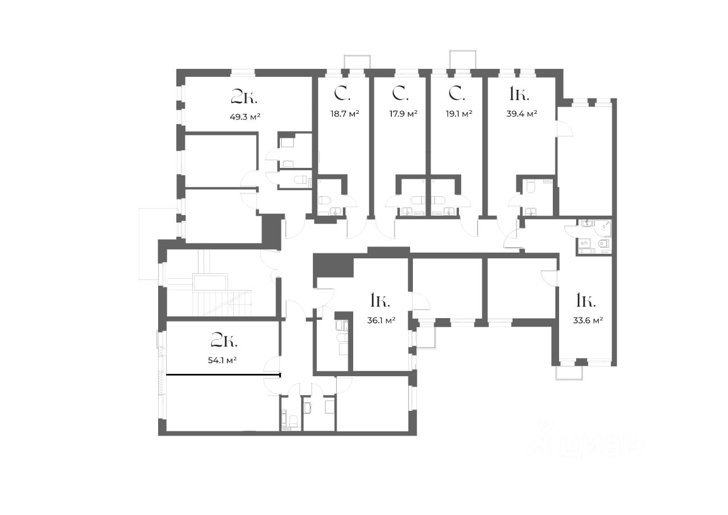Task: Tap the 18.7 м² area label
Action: (x=345, y=113)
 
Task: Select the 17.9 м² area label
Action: (x=403, y=113)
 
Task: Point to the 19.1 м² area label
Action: (x=459, y=113)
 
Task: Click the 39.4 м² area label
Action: (x=522, y=113)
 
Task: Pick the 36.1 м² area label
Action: (x=381, y=320)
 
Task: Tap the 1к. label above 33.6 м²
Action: (x=586, y=299)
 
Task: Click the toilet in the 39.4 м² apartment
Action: (x=531, y=186)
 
